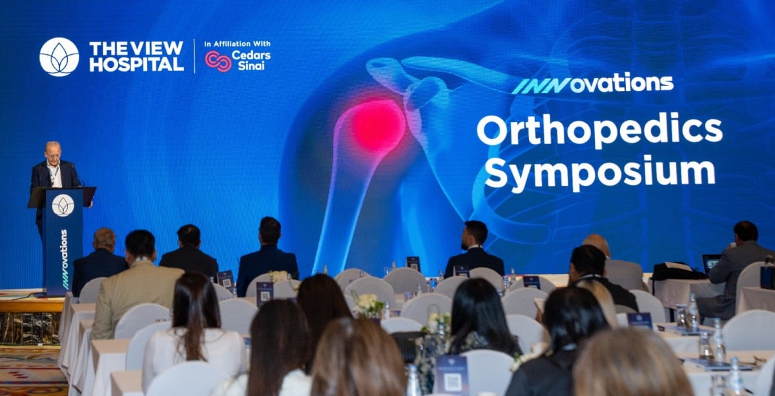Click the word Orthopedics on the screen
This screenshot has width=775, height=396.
tap(599, 131)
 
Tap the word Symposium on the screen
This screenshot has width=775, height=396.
tap(600, 172)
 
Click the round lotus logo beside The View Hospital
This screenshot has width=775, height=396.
tap(59, 57)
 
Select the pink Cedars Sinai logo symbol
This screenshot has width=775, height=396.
tap(218, 61)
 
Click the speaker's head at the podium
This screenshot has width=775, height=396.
tap(53, 152)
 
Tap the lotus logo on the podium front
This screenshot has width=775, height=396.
tap(63, 205)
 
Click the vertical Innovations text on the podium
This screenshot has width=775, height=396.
tap(65, 259)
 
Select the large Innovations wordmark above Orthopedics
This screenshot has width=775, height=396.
tap(592, 84)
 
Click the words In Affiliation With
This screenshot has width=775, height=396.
tap(238, 44)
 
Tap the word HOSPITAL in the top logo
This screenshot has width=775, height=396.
tap(137, 64)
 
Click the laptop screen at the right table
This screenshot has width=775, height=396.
tap(711, 264)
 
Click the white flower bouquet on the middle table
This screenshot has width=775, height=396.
tap(369, 305)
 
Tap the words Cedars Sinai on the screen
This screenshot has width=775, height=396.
tap(251, 60)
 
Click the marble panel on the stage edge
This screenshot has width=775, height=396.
tap(30, 328)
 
